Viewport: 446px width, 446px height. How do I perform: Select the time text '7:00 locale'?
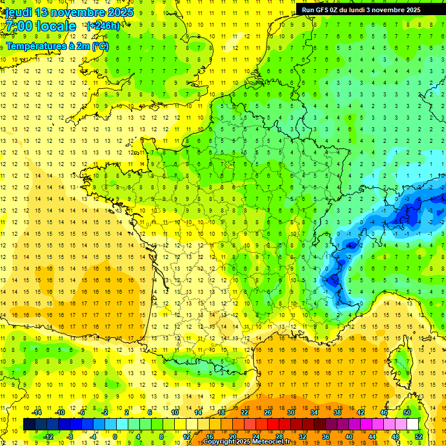[x=41, y=26]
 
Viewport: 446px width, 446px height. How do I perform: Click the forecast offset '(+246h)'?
[x=103, y=26]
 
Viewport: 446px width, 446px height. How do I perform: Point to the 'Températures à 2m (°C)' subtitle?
[x=57, y=46]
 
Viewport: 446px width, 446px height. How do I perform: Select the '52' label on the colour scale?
[x=419, y=436]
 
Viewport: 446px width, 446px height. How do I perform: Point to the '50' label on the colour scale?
[x=407, y=412]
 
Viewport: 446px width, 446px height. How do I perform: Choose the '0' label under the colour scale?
[x=115, y=436]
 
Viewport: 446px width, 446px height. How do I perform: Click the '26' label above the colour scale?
[x=268, y=412]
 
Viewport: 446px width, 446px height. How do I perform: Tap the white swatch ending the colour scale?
[x=413, y=424]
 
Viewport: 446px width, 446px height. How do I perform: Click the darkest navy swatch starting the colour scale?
[x=30, y=424]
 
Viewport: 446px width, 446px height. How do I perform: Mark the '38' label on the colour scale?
[x=337, y=412]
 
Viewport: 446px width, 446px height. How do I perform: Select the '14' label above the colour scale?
[x=198, y=412]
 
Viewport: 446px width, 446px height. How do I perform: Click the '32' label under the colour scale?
[x=303, y=436]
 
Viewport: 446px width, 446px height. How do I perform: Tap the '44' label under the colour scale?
[x=372, y=436]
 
